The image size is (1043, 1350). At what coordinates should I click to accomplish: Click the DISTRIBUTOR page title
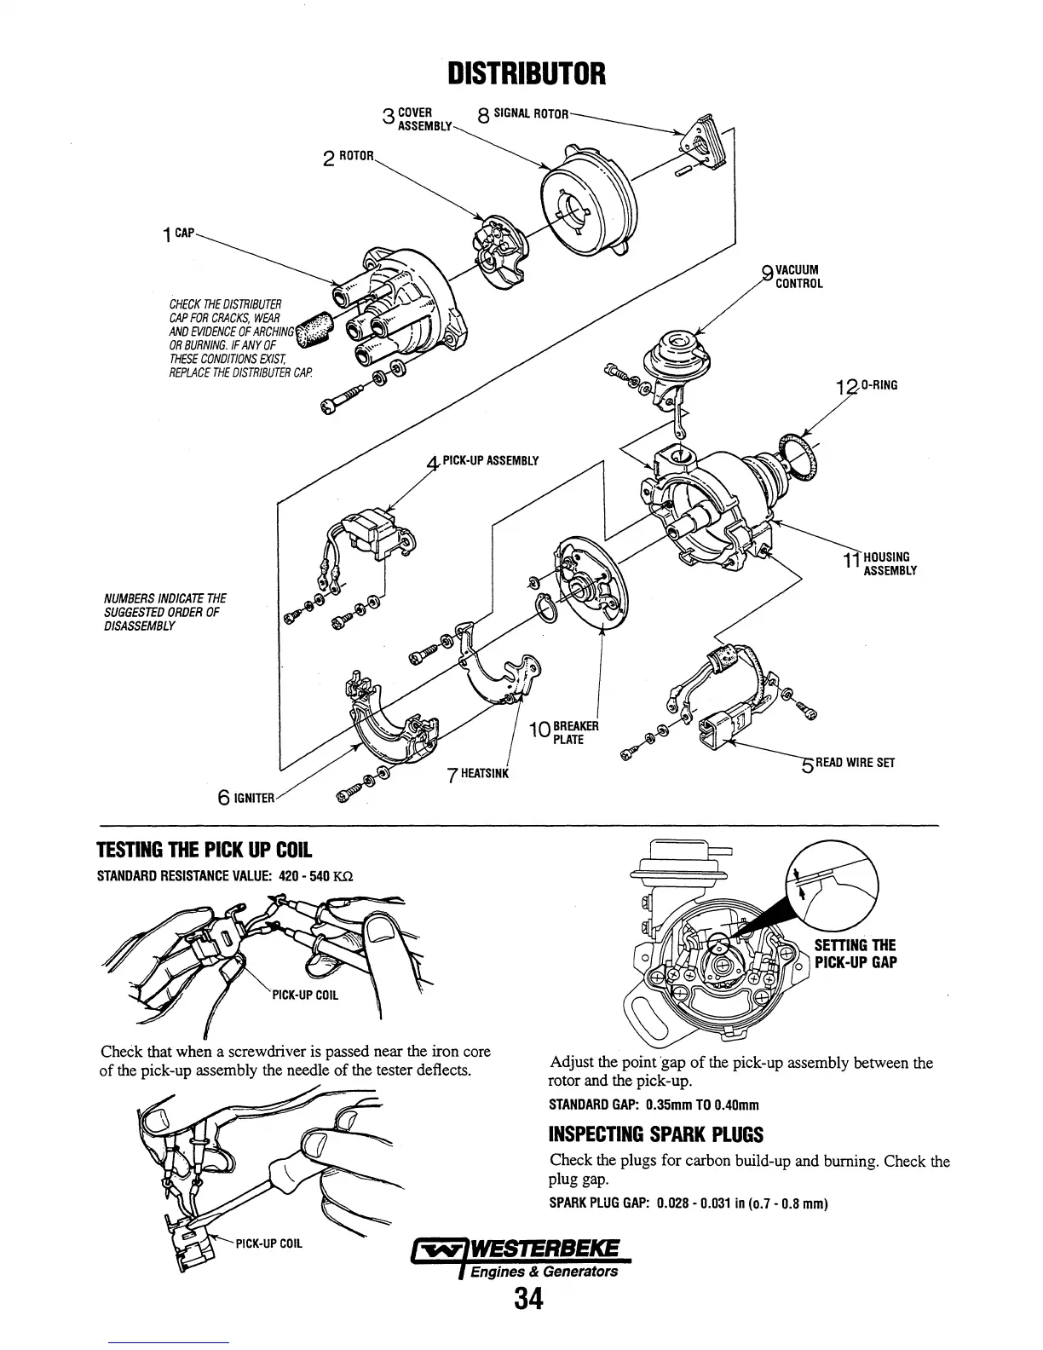pyautogui.click(x=527, y=74)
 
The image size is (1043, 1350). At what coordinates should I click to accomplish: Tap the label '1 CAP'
pyautogui.click(x=181, y=232)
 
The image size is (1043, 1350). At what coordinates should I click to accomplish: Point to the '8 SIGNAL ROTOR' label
pyautogui.click(x=523, y=115)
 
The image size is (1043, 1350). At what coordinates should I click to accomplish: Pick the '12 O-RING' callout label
pyautogui.click(x=867, y=387)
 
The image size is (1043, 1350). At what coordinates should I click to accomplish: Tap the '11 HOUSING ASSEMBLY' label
pyautogui.click(x=879, y=563)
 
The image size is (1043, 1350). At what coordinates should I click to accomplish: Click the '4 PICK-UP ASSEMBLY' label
pyautogui.click(x=483, y=462)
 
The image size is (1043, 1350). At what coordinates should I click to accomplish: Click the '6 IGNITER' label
pyautogui.click(x=247, y=798)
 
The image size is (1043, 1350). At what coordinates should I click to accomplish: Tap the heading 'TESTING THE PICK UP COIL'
pyautogui.click(x=205, y=850)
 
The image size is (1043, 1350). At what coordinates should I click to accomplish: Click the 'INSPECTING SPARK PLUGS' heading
pyautogui.click(x=656, y=1134)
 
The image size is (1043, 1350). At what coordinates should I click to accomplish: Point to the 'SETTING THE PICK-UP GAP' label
pyautogui.click(x=855, y=955)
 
